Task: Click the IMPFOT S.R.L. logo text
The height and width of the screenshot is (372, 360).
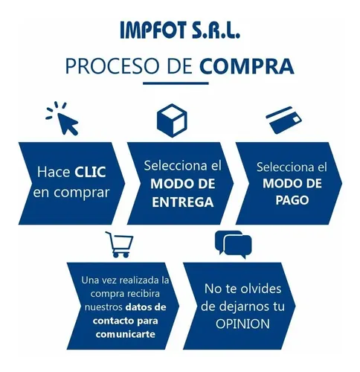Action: tap(180, 30)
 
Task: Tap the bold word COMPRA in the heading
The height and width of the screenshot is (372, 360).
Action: tap(247, 66)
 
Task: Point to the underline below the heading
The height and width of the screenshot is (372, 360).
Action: tap(176, 83)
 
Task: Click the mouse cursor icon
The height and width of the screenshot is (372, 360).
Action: tap(62, 118)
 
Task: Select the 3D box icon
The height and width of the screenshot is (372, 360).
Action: tap(172, 121)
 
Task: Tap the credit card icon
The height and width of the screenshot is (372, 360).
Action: tap(283, 120)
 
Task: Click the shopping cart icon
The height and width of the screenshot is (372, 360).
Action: tap(120, 245)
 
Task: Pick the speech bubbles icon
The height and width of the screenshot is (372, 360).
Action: tap(234, 245)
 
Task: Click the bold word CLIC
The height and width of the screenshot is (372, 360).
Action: tap(90, 172)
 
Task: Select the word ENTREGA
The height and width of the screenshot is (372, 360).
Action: tap(183, 202)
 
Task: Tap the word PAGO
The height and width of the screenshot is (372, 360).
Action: tap(292, 200)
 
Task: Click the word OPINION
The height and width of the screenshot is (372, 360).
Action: tap(242, 324)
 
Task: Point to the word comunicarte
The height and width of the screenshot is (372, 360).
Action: tap(126, 334)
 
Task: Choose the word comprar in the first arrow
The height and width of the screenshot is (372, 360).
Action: tap(82, 193)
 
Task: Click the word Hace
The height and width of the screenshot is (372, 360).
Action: tap(54, 172)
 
